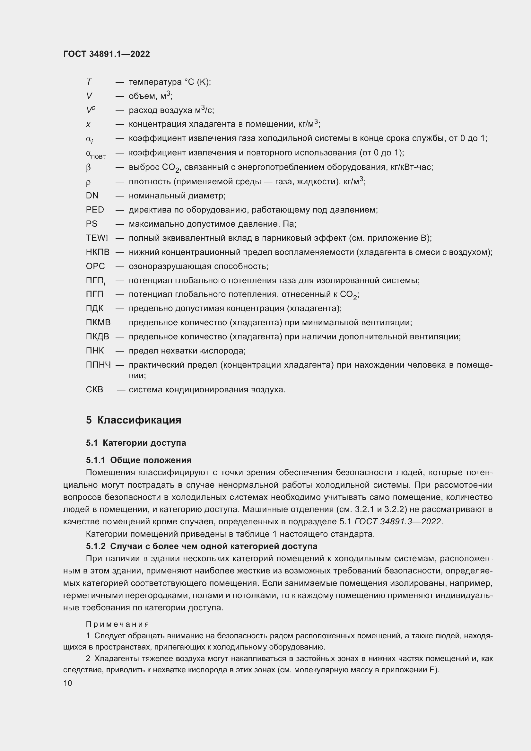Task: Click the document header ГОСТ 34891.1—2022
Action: (107, 54)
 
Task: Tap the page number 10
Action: (68, 683)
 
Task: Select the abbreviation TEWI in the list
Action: (97, 238)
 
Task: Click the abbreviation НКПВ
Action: (98, 252)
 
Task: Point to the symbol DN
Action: (92, 196)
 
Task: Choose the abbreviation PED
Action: (95, 210)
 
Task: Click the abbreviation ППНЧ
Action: (98, 365)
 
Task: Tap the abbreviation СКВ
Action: (94, 389)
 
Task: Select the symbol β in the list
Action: (88, 168)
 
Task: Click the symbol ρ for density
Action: (88, 182)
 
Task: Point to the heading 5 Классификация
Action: (134, 420)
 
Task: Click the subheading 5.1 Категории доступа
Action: (136, 443)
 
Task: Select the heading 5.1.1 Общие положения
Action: (139, 460)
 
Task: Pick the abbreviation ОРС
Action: (95, 266)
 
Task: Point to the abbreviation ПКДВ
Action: (98, 336)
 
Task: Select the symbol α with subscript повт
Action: (95, 153)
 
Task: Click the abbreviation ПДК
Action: (94, 309)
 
